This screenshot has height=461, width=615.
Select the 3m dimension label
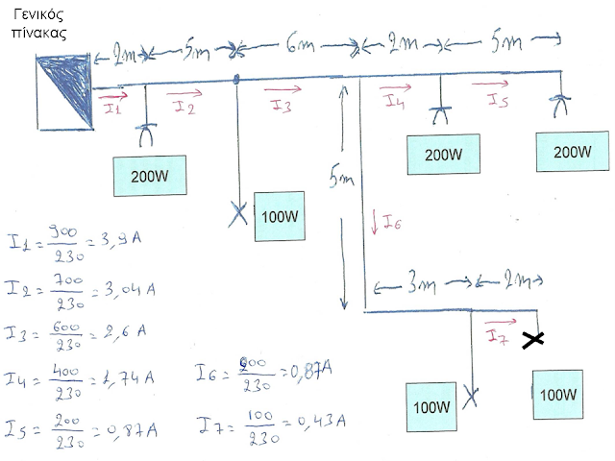pyautogui.click(x=417, y=284)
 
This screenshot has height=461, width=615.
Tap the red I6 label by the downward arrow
pyautogui.click(x=391, y=223)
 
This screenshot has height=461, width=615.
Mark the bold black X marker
pyautogui.click(x=532, y=339)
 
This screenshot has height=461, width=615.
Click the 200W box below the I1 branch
pyautogui.click(x=149, y=176)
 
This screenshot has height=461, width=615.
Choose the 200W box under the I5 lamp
pyautogui.click(x=573, y=152)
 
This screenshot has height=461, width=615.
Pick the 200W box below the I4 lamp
pyautogui.click(x=443, y=154)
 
